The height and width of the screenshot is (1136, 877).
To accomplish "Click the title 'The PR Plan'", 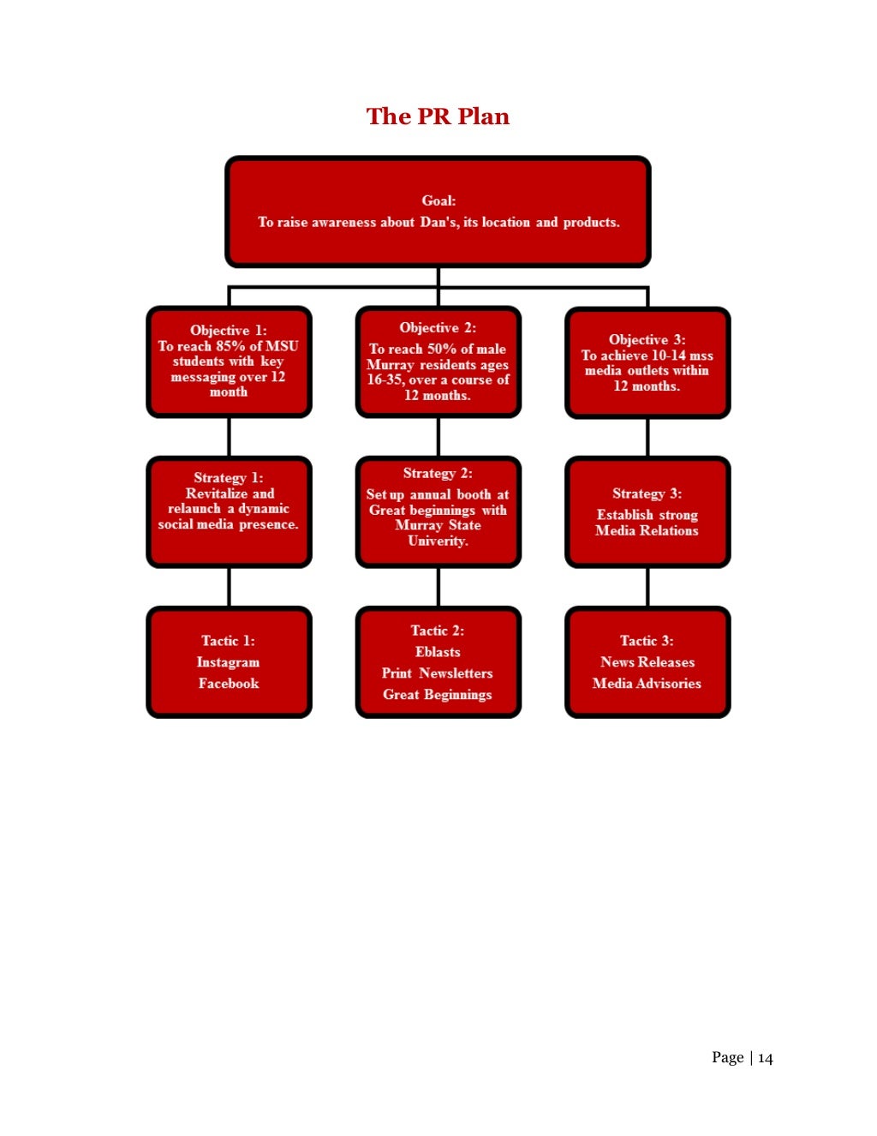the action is tap(438, 117).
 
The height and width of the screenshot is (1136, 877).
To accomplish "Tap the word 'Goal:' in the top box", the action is tap(438, 200).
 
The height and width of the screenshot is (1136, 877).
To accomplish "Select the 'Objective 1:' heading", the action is tap(229, 331).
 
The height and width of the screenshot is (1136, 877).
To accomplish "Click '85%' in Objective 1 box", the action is tap(230, 346).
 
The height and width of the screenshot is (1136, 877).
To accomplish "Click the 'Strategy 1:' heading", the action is tap(229, 478).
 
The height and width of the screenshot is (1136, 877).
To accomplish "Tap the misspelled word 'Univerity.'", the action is tap(438, 541).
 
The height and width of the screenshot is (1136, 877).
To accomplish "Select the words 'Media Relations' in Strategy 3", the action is tap(647, 530).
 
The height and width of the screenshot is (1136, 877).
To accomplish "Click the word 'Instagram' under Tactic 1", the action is tap(228, 662).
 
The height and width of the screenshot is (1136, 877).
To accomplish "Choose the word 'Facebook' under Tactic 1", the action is tap(229, 684).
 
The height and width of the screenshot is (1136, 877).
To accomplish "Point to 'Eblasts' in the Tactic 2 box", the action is tap(438, 652).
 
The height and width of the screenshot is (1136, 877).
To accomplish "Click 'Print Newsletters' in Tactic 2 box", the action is tap(438, 673).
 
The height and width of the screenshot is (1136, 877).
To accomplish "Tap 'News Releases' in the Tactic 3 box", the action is tap(647, 662).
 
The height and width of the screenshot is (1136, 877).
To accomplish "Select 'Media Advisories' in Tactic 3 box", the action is tap(647, 684).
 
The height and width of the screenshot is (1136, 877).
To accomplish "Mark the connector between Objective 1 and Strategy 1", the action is tap(229, 437).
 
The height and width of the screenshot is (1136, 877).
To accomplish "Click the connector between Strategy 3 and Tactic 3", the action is tap(647, 587).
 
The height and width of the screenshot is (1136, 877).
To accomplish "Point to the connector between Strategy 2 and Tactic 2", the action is tap(438, 587).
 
